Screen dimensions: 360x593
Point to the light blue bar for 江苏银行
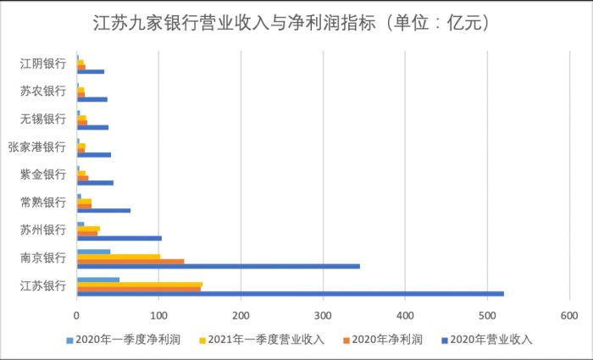tap(98, 279)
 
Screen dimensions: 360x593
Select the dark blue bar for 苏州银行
tap(119, 238)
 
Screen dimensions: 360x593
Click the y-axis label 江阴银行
tap(43, 64)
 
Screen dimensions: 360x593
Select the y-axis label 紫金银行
tap(43, 174)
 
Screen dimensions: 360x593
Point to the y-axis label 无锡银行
tap(43, 119)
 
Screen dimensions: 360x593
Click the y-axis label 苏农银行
tap(43, 91)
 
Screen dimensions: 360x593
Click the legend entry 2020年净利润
tap(389, 340)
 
